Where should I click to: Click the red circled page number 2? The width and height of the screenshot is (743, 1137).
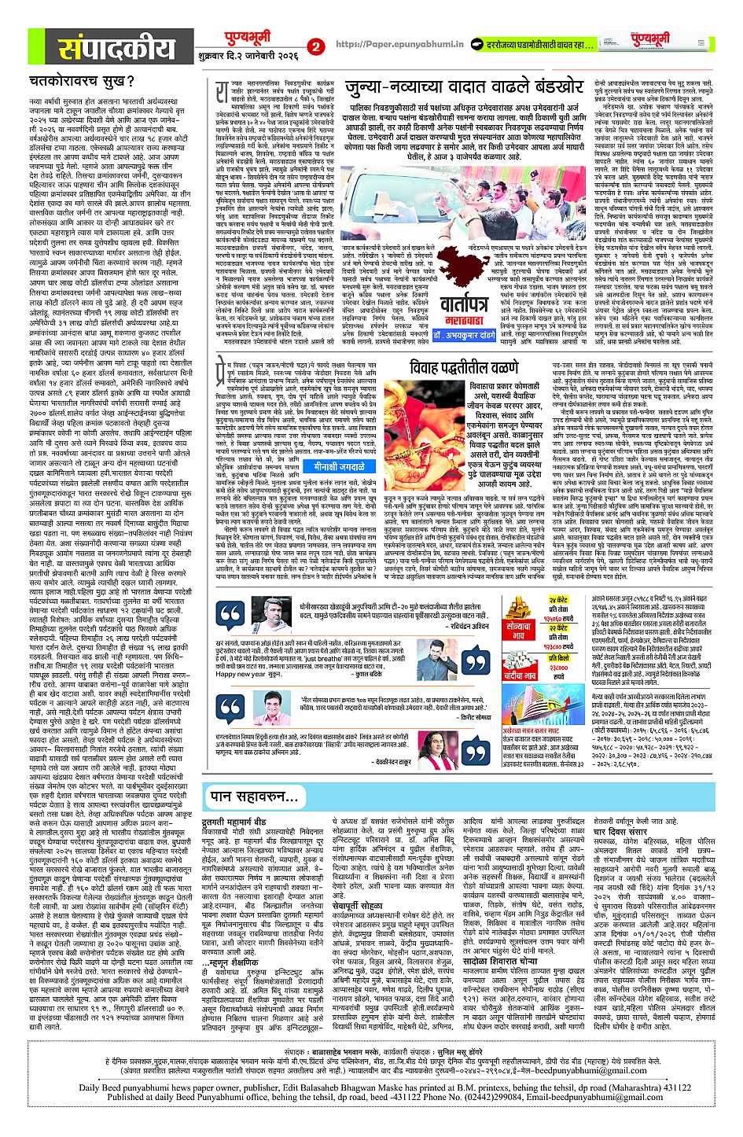click(x=316, y=46)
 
